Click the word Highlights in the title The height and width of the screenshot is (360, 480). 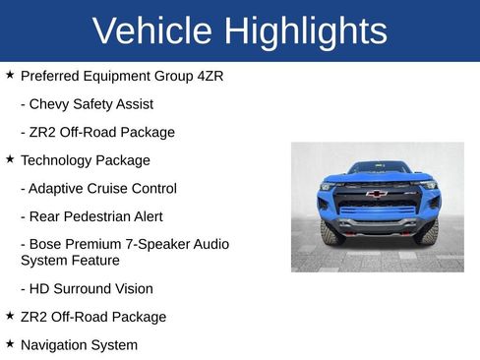(305, 31)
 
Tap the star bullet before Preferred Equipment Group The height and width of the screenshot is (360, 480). (10, 74)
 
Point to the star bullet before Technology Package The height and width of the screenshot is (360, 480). (10, 158)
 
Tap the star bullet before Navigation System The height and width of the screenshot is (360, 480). (10, 344)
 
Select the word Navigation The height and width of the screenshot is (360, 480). (57, 345)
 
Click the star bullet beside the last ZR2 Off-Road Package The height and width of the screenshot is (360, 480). (10, 316)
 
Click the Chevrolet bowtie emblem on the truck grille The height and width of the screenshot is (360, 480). (376, 194)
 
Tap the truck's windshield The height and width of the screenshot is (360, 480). (378, 168)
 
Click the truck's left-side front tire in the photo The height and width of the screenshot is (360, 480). (331, 232)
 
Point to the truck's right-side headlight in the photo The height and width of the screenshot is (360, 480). (427, 185)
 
